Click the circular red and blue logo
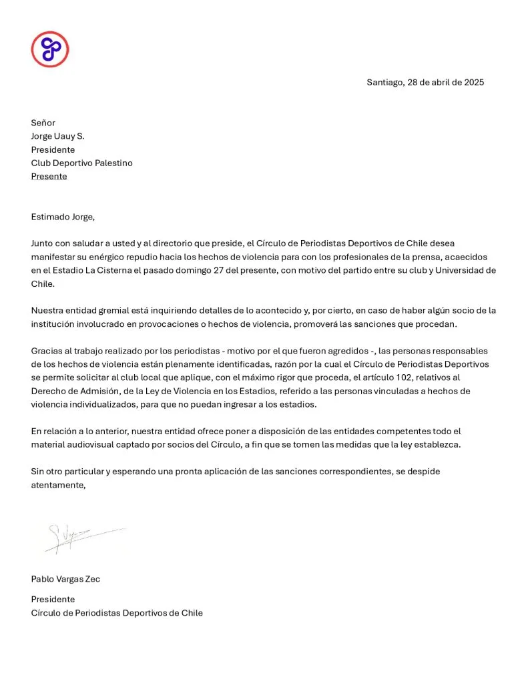pos(50,49)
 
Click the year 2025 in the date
pos(473,83)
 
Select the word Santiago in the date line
pos(385,83)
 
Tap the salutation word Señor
pos(43,123)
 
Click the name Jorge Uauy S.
pos(57,136)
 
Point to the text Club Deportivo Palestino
pos(81,163)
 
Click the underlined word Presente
pos(49,176)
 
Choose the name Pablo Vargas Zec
pos(65,579)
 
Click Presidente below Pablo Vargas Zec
pos(53,599)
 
